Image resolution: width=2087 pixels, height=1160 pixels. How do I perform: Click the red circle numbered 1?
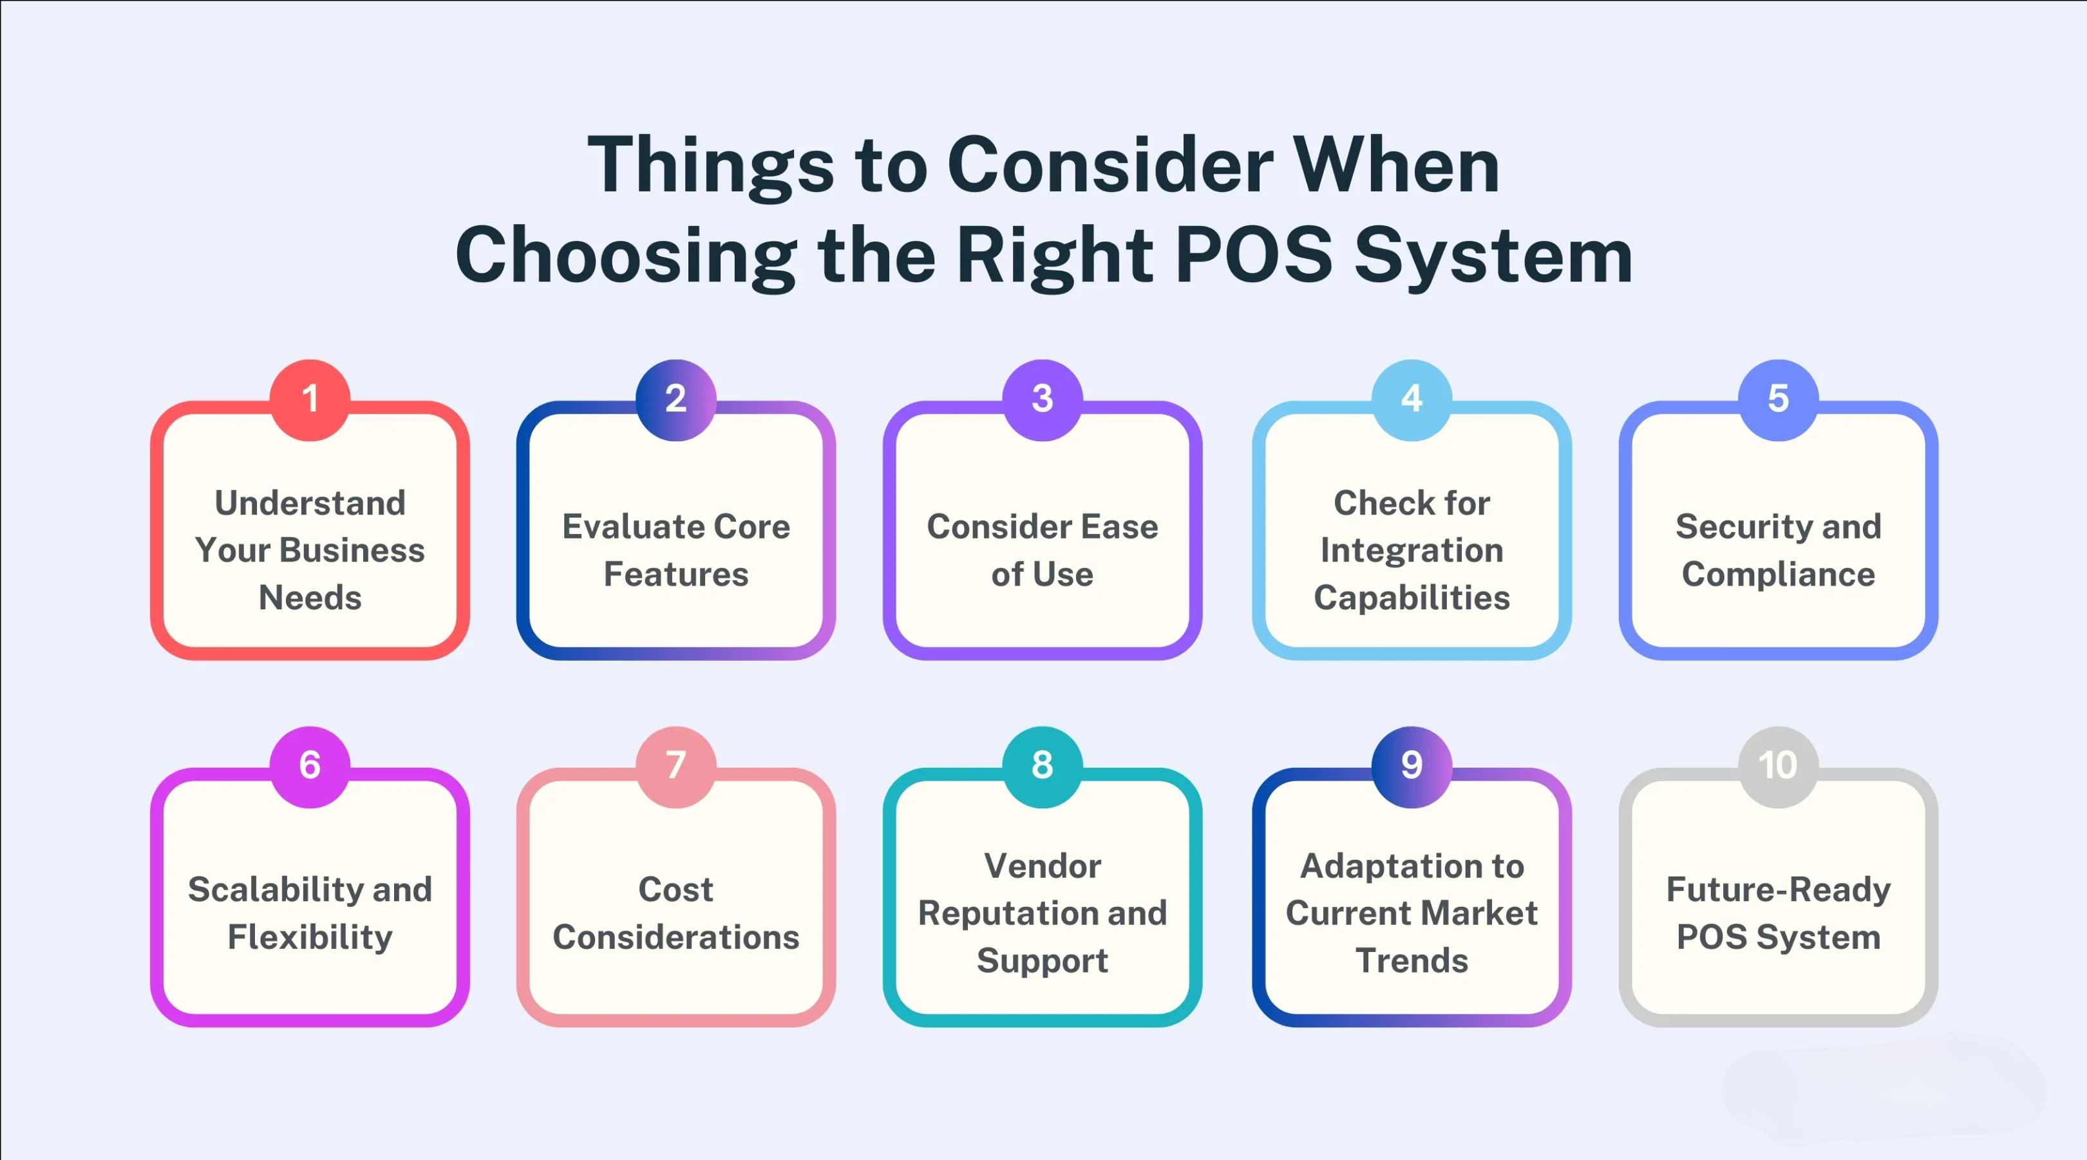(310, 399)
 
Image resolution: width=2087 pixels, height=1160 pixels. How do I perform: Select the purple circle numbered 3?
(1043, 399)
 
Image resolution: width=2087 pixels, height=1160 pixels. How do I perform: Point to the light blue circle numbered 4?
(1412, 399)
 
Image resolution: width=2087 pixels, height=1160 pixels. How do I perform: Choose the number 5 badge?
(1779, 399)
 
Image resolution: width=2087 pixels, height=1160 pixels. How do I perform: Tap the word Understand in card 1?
(310, 502)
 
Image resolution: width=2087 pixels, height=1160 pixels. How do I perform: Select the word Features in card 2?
(677, 574)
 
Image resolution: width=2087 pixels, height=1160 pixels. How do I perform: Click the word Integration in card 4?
(1412, 551)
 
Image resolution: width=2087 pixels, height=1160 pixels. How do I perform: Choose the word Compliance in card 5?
(1779, 575)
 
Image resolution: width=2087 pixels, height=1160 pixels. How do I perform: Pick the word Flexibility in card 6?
(310, 937)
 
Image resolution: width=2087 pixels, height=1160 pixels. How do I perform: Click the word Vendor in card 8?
(1043, 866)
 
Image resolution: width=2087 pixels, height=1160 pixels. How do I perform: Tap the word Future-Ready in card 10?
(1779, 890)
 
